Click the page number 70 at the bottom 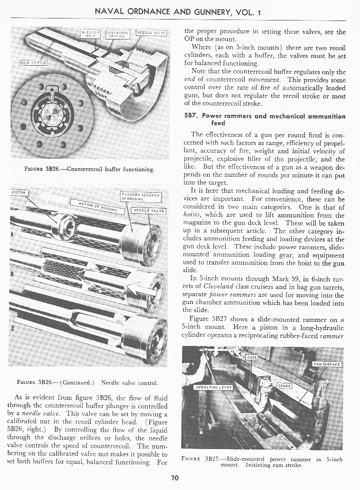pyautogui.click(x=174, y=478)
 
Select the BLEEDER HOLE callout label pyautogui.click(x=90, y=33)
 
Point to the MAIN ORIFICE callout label pyautogui.click(x=33, y=63)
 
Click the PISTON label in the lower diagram pyautogui.click(x=19, y=193)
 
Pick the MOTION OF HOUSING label pyautogui.click(x=101, y=208)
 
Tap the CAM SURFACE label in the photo pyautogui.click(x=327, y=364)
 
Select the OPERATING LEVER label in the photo pyautogui.click(x=214, y=387)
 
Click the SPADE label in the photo pyautogui.click(x=285, y=385)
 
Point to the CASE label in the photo pyautogui.click(x=252, y=358)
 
